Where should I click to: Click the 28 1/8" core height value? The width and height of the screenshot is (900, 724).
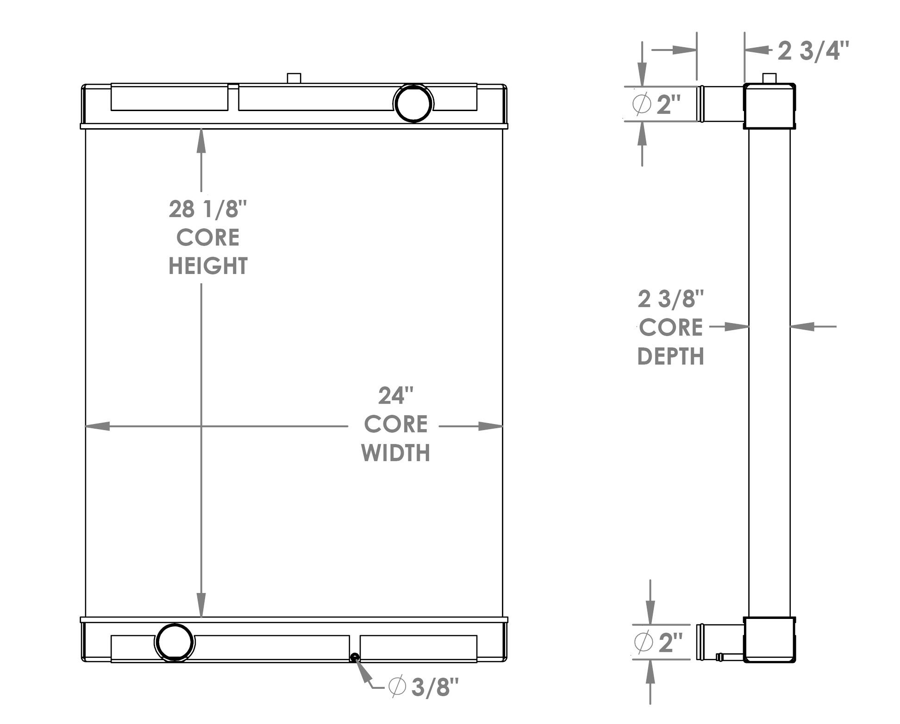[x=208, y=209]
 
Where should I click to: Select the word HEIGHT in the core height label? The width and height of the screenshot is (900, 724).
[x=208, y=266]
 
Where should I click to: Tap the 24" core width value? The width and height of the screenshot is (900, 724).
[x=395, y=396]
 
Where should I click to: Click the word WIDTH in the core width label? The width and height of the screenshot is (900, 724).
[x=395, y=453]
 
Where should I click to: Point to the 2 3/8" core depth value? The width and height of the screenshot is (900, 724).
[x=671, y=299]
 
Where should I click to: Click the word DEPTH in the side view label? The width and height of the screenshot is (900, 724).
[x=671, y=356]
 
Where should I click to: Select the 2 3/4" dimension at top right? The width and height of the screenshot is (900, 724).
[x=813, y=51]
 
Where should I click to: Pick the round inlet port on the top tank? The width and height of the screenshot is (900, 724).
[x=413, y=103]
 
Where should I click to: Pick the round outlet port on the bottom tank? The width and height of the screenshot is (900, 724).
[x=175, y=642]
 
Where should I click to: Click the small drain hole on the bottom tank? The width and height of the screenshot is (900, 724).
[x=355, y=657]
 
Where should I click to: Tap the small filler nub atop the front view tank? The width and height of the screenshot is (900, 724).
[x=294, y=78]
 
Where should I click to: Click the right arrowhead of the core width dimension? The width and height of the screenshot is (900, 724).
[x=491, y=426]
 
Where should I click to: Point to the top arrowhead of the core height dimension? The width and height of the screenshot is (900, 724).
[x=201, y=140]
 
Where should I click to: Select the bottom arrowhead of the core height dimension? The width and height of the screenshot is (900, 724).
[x=201, y=605]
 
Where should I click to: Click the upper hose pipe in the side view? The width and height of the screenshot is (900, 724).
[x=722, y=104]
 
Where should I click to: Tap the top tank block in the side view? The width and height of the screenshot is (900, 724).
[x=769, y=106]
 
